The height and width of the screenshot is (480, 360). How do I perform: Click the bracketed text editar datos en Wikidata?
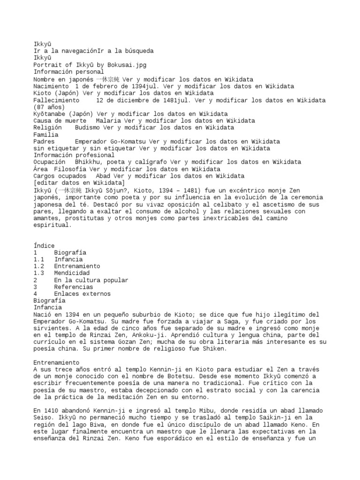(79, 182)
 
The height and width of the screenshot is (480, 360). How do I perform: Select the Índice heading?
(44, 245)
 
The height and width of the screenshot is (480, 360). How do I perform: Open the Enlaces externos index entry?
(82, 293)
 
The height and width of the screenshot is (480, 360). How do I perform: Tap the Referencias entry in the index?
(74, 286)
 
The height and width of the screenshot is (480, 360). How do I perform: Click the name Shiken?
(214, 349)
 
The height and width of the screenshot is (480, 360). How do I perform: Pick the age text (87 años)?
(49, 107)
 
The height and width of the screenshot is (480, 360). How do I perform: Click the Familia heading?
(46, 135)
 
